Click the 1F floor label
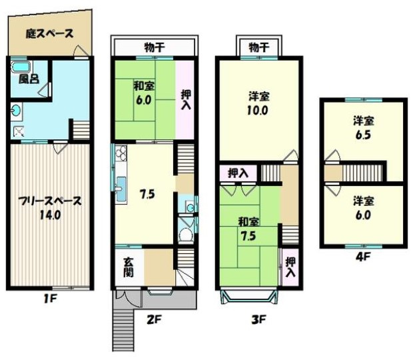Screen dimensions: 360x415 (x=49, y=299)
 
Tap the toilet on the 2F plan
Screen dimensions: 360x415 (x=186, y=235)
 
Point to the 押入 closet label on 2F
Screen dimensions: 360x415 (x=186, y=100)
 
